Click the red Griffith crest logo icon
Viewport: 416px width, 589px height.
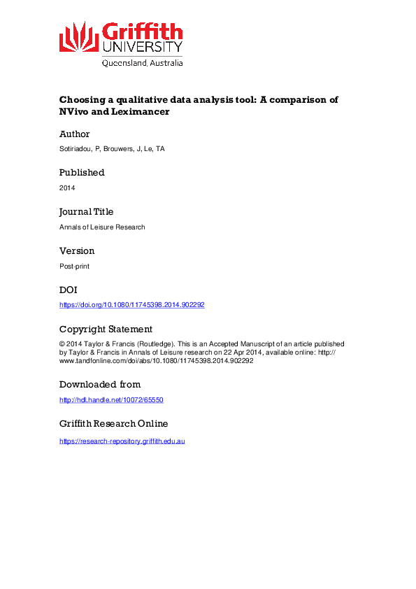click(x=79, y=36)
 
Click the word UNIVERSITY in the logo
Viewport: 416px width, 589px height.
click(x=142, y=48)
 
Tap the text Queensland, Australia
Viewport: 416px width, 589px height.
click(x=142, y=63)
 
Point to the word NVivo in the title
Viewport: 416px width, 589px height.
click(x=75, y=111)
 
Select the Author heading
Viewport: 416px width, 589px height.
click(x=74, y=134)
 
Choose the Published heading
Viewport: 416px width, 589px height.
click(x=82, y=173)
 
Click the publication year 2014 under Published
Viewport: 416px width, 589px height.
click(x=67, y=188)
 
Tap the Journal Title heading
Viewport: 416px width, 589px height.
click(x=86, y=212)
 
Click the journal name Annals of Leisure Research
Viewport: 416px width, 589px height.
click(x=102, y=227)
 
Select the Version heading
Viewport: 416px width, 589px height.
click(x=77, y=251)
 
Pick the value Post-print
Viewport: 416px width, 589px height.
click(x=74, y=267)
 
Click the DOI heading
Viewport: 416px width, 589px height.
click(x=68, y=290)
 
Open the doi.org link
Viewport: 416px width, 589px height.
click(x=131, y=305)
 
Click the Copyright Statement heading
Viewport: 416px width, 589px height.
click(x=106, y=329)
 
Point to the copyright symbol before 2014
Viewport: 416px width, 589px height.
click(x=62, y=344)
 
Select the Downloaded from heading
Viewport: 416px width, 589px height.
click(x=100, y=385)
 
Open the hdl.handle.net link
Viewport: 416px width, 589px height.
click(x=111, y=400)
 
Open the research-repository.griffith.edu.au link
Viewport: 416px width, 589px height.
click(x=122, y=441)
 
